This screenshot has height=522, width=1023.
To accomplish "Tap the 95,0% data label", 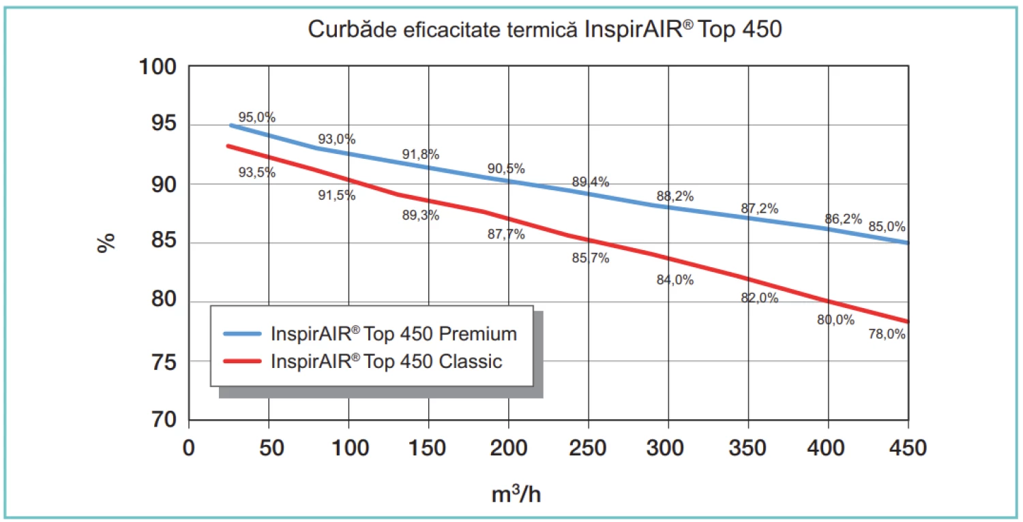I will [257, 117].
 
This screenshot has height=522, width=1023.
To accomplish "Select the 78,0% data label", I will [887, 334].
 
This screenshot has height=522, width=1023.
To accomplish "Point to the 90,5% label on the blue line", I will [506, 169].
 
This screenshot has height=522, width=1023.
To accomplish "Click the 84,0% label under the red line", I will [675, 279].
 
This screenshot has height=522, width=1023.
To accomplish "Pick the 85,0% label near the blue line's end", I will [887, 227].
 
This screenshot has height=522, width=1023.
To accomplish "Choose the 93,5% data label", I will [257, 172].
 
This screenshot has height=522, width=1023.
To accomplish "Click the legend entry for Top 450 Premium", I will [394, 334].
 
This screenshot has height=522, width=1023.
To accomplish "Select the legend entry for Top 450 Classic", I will [386, 360].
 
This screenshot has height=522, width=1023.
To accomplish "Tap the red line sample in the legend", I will [242, 360].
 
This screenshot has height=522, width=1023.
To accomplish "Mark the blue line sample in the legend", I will [242, 334].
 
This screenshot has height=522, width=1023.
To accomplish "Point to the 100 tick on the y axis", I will [158, 67].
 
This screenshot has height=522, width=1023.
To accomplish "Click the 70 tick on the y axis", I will [164, 420].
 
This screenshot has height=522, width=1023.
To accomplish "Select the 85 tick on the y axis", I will [164, 243].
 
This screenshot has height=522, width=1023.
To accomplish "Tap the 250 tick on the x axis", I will [588, 448].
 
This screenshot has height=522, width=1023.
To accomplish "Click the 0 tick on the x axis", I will [189, 448].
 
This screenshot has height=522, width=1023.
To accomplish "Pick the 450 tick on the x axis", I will [908, 448].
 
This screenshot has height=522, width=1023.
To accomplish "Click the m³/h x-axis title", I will [516, 495].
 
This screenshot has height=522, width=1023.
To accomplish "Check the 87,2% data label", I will [760, 209].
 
